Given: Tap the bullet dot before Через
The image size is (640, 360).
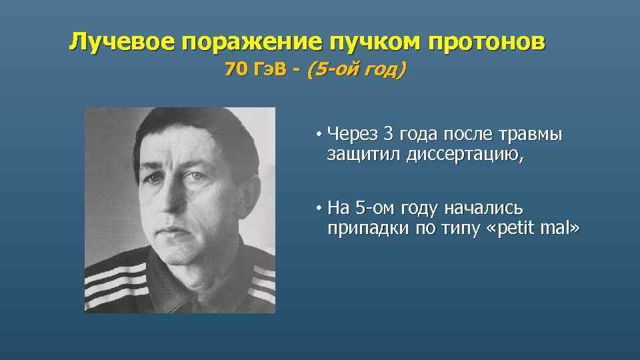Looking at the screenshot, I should [320, 135].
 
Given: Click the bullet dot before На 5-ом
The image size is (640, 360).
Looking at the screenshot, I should [320, 209].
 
